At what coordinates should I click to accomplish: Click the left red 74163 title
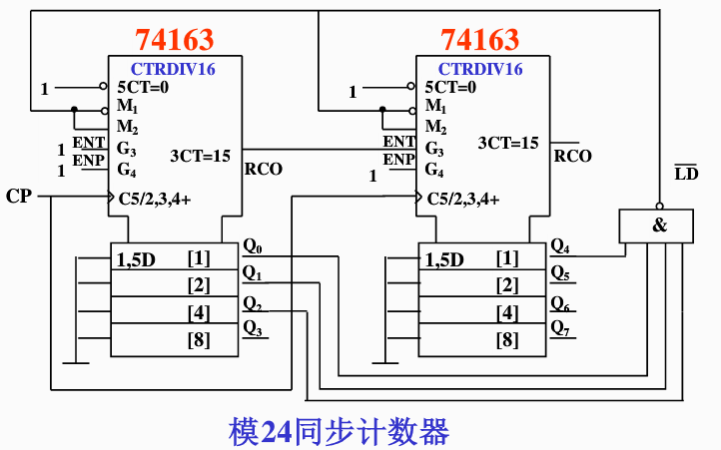pos(175,40)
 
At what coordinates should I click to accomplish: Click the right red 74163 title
pos(480,40)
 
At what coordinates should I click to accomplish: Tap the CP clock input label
pos(19,196)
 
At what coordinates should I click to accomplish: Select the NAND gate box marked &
pos(659,225)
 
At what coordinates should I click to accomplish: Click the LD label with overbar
pos(686,174)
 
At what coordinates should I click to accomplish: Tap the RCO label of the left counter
pos(264,170)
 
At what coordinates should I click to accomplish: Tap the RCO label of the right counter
pos(573,156)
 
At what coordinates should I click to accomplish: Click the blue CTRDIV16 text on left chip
pos(173,70)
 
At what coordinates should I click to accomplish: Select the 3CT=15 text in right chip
pos(508,144)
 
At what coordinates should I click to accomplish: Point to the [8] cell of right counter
pos(507,340)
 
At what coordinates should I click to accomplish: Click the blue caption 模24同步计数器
pos(339,431)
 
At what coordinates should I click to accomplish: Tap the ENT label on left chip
pos(88,143)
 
